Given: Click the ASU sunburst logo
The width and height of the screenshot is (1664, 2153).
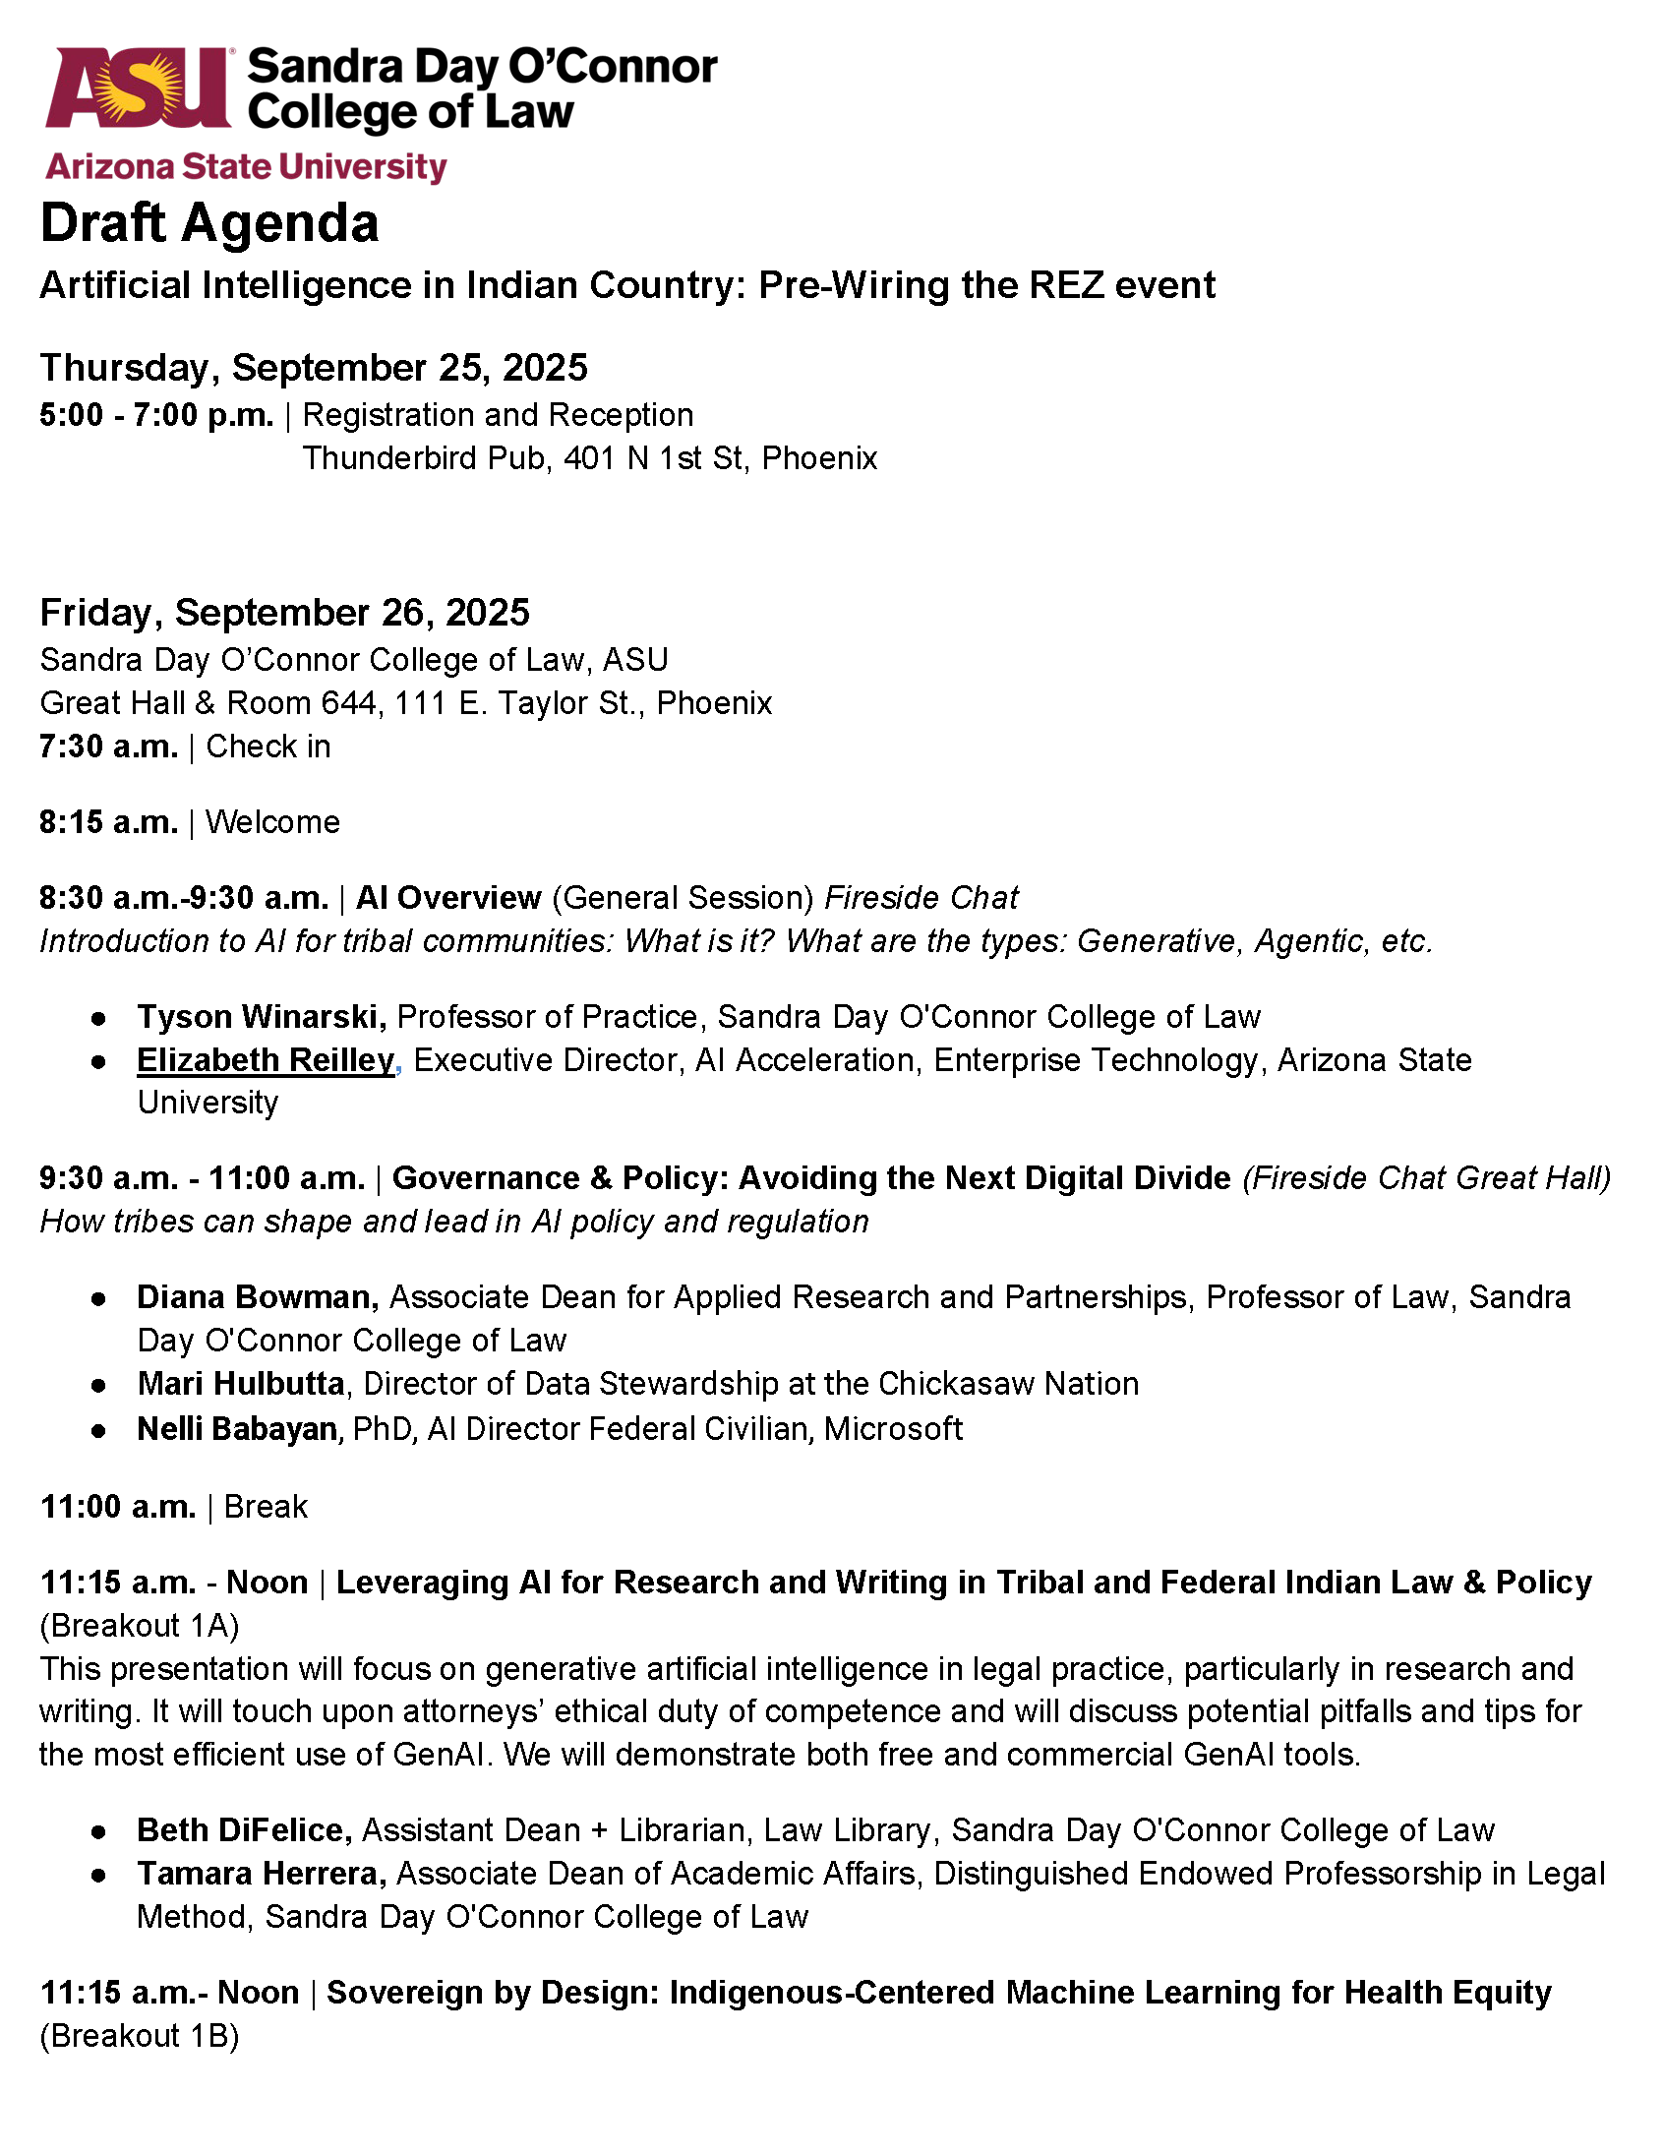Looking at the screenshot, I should coord(138,89).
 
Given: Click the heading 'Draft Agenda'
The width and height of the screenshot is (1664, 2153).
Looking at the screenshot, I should coord(209,223).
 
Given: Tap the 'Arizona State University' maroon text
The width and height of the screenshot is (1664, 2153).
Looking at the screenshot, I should coord(247,167).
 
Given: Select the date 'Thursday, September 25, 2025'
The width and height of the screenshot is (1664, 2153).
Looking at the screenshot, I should coord(314,368).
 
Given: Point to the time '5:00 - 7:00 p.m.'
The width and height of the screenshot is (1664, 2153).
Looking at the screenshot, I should coord(156,415).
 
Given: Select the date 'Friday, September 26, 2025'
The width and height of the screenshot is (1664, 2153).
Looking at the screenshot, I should coord(285,612).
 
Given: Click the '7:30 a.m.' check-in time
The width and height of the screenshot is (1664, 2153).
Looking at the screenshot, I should coord(108,747).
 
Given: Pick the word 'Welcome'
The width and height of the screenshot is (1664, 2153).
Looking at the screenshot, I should coord(273,822).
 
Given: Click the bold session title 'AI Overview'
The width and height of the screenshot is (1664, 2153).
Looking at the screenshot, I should coord(448,898).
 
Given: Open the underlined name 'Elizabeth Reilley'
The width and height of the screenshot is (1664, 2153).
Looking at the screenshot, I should coord(266,1059).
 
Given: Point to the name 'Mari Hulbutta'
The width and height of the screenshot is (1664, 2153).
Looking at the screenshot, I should coord(241,1384).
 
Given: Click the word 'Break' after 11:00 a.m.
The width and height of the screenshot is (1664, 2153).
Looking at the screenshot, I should coord(267,1506).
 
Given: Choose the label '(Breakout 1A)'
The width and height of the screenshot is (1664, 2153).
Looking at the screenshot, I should coord(140,1626).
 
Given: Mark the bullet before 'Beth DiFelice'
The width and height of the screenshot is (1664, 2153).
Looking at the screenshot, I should coord(98,1831).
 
